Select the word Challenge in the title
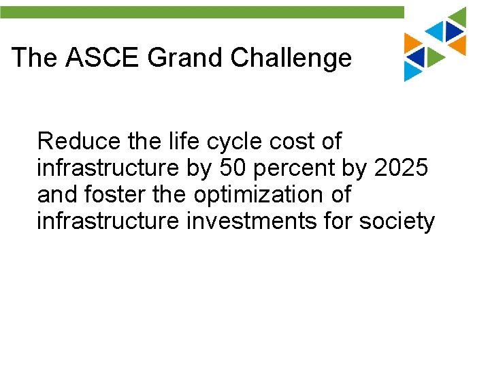click(x=291, y=58)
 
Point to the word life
click(x=182, y=142)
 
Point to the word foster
click(x=113, y=194)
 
